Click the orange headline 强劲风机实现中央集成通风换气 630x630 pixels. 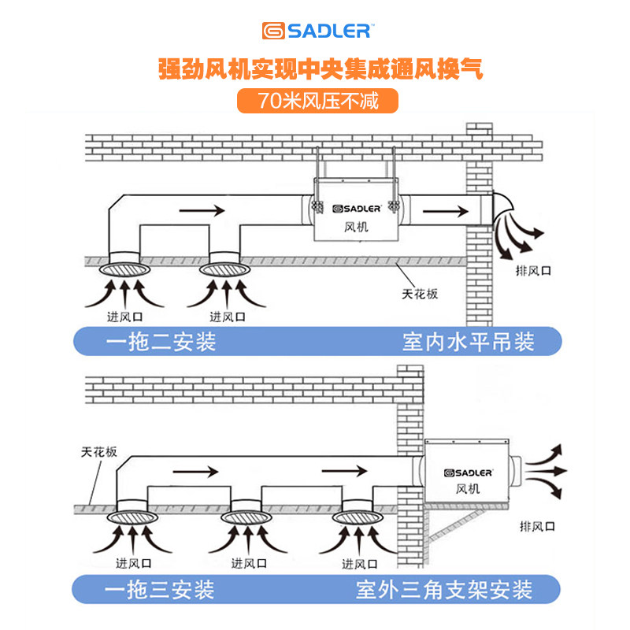pyautogui.click(x=319, y=69)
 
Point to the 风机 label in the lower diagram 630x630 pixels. pyautogui.click(x=467, y=488)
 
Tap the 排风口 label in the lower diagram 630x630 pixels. pyautogui.click(x=538, y=524)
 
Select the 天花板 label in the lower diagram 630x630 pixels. pyautogui.click(x=99, y=453)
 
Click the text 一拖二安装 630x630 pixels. pyautogui.click(x=161, y=342)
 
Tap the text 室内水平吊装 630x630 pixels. pyautogui.click(x=468, y=342)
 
